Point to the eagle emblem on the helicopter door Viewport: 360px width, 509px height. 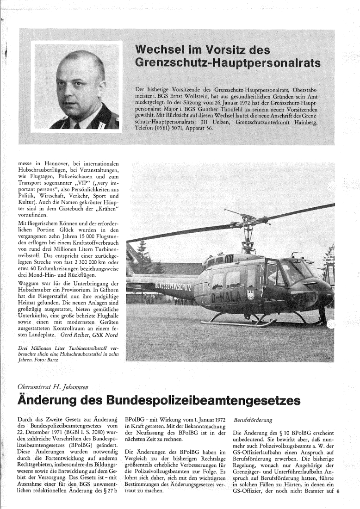[250, 293]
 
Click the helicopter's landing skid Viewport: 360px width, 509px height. [241, 323]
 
